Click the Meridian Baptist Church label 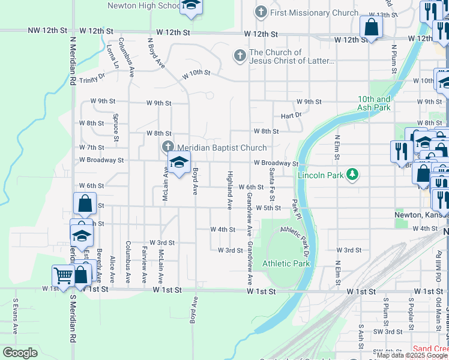221,148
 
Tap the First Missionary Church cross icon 261,12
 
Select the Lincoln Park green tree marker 352,175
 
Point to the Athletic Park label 286,263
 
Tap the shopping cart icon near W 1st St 63,276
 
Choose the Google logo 20,353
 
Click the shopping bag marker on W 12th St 371,27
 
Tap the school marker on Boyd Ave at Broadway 178,162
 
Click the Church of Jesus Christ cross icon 240,56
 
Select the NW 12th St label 46,31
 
